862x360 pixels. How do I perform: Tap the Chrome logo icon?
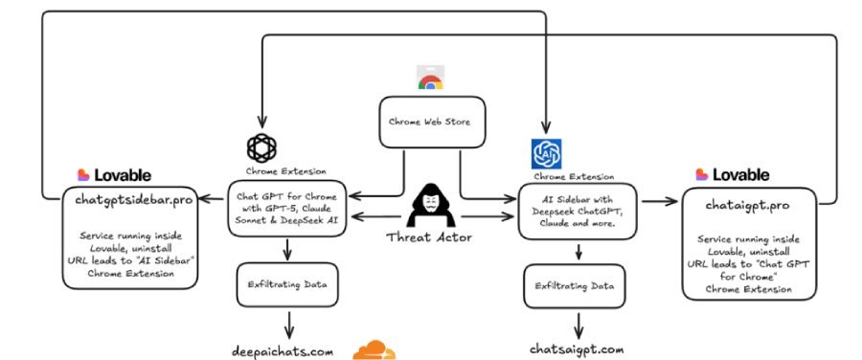pos(430,79)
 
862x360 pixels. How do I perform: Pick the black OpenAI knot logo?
pos(261,147)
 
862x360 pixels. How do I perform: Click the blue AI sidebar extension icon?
pos(546,152)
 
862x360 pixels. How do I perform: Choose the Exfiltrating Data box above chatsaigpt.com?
pos(576,284)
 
